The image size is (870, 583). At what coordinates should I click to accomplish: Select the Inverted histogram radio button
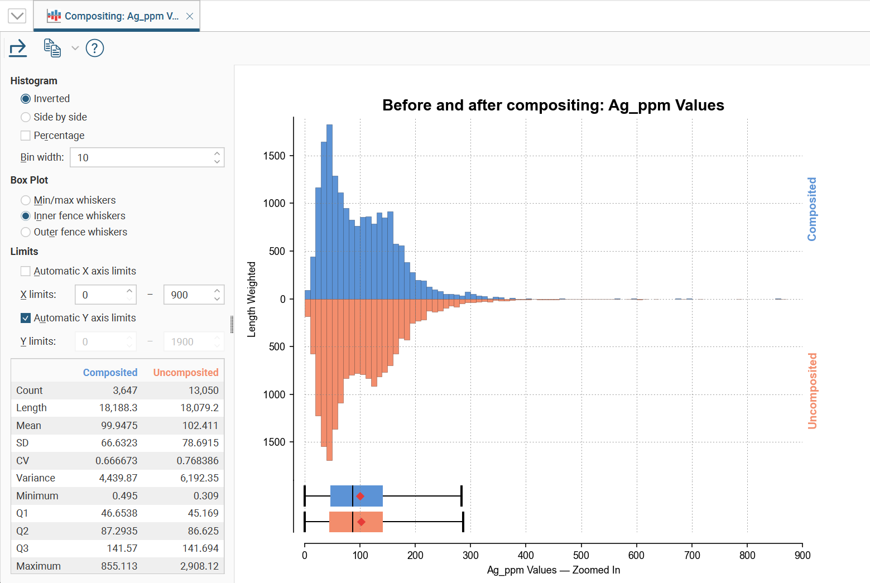26,99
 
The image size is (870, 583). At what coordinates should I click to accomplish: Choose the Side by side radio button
26,117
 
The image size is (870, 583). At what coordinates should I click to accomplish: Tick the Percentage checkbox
26,136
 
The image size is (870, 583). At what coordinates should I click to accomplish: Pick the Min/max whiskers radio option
26,200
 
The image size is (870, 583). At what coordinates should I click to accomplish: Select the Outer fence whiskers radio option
26,232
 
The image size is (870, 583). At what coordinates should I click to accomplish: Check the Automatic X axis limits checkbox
26,271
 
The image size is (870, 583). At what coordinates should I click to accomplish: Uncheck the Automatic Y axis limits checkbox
26,318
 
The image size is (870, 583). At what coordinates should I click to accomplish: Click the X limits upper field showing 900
188,295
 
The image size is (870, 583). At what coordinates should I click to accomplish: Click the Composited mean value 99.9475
119,426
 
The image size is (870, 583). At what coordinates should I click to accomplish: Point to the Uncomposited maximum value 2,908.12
199,566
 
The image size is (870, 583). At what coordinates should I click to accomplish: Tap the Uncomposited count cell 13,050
203,391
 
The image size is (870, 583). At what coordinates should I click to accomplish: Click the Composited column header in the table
110,373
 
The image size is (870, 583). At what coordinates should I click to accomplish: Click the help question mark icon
95,49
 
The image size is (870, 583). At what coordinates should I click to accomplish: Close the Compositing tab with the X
190,16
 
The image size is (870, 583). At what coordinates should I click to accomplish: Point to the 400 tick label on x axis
526,555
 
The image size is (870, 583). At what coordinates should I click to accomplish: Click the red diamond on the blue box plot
361,496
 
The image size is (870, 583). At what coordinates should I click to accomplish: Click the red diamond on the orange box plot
361,522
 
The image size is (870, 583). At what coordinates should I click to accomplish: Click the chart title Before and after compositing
553,105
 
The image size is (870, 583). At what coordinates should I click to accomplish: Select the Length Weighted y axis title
252,299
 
